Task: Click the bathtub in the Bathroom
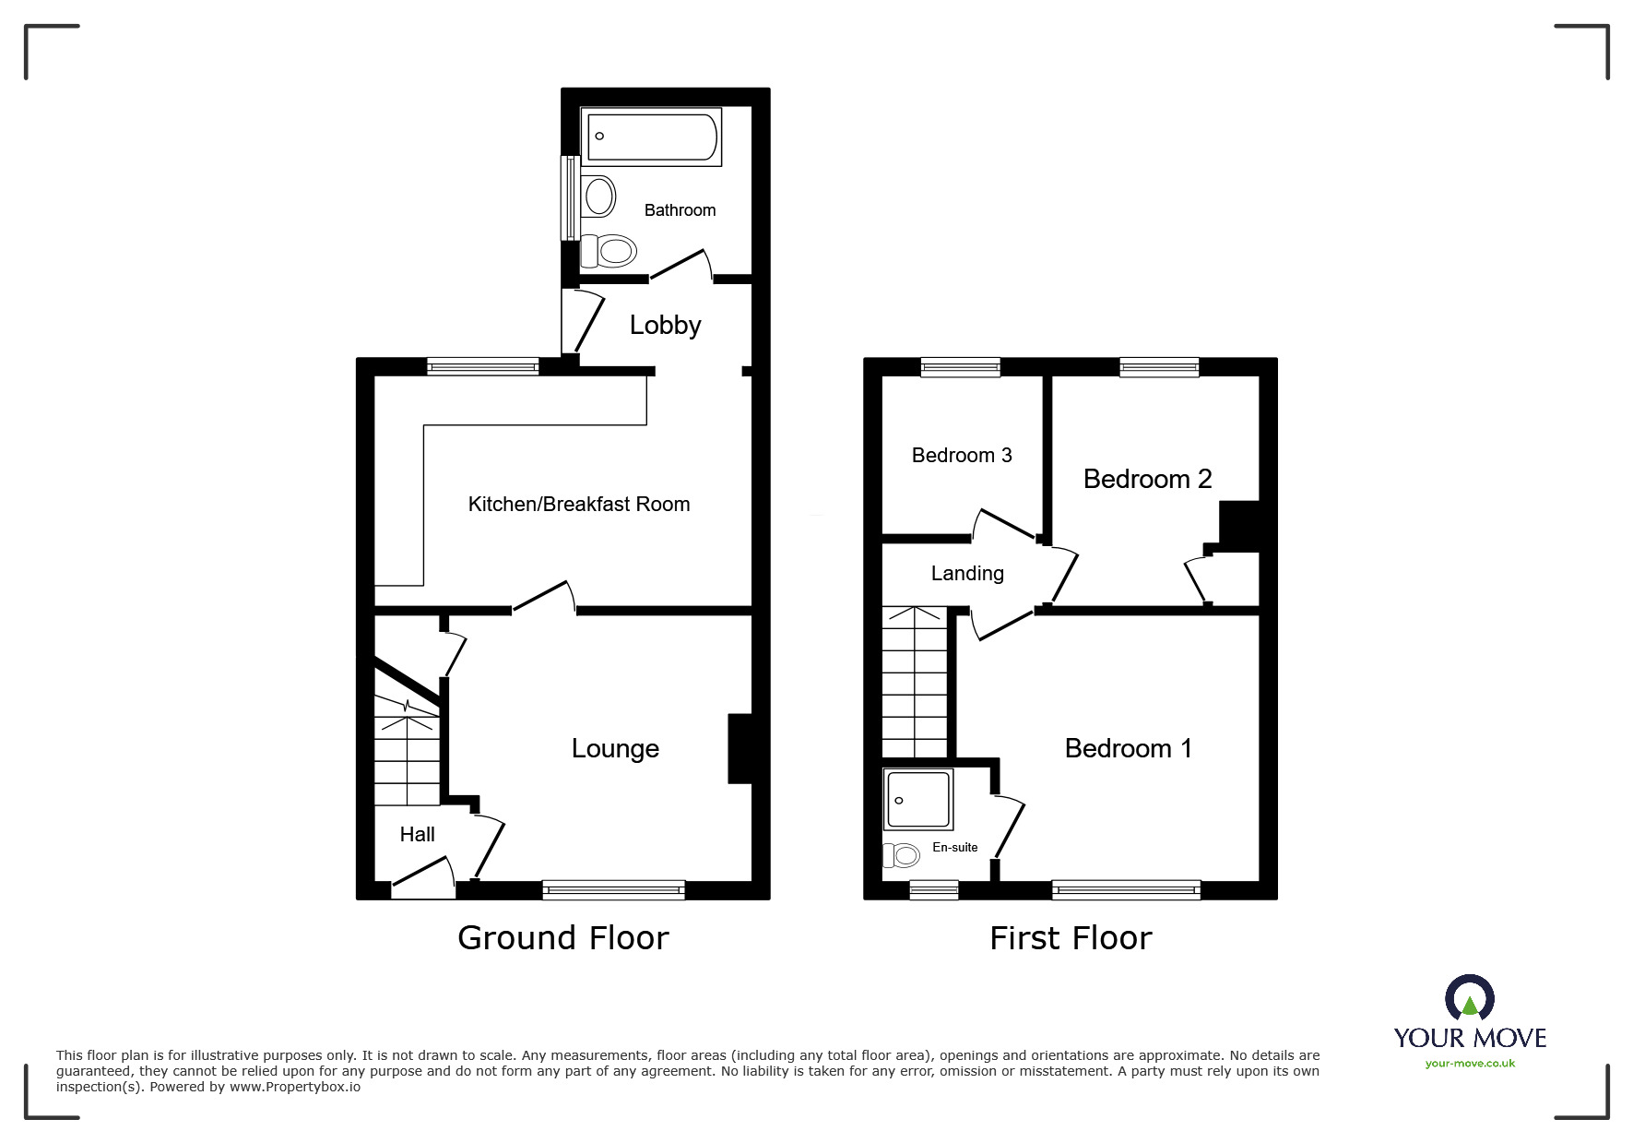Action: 651,137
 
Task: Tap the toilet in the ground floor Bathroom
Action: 609,251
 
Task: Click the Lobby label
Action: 665,325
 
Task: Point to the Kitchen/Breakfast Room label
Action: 579,504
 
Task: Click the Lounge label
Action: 615,748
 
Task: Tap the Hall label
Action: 418,834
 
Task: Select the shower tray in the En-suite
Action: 918,800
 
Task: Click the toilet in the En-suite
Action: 902,856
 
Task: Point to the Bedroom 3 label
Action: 962,455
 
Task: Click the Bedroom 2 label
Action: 1147,479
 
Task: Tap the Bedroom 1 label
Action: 1129,748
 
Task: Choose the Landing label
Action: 967,574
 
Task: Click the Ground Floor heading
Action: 563,938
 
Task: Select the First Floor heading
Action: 1071,938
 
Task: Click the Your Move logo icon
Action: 1470,998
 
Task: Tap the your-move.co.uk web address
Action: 1470,1064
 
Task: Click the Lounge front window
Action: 614,890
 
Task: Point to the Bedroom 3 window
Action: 961,367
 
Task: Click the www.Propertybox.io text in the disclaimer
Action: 295,1087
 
